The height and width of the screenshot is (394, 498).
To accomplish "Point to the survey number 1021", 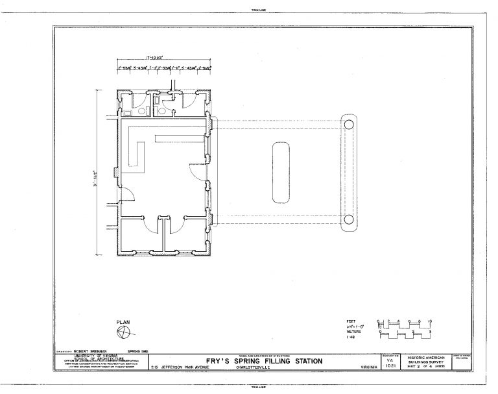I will pos(389,367).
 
